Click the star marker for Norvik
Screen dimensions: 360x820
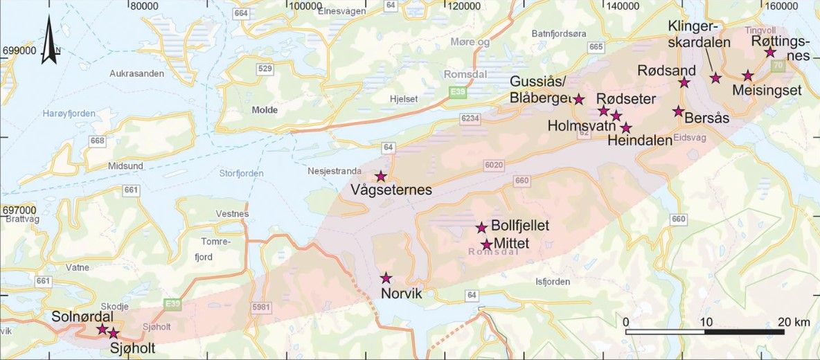(x=386, y=278)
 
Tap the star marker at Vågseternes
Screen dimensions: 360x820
(x=380, y=177)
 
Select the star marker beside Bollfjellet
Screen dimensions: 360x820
(x=481, y=228)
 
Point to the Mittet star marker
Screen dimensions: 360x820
(x=487, y=244)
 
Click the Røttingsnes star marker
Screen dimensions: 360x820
(x=769, y=53)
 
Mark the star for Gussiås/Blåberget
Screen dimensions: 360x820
(x=579, y=99)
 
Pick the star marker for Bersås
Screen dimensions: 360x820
(x=678, y=111)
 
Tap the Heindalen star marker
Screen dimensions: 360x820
(x=626, y=127)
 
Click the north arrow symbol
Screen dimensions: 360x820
(x=49, y=42)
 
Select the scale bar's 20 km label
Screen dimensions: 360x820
(x=794, y=322)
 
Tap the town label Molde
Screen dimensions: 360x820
(x=265, y=110)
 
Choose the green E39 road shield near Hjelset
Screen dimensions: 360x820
(x=457, y=92)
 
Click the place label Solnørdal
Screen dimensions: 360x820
(x=81, y=316)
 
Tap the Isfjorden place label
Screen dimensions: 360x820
(x=553, y=282)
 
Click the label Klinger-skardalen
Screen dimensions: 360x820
(x=699, y=34)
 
